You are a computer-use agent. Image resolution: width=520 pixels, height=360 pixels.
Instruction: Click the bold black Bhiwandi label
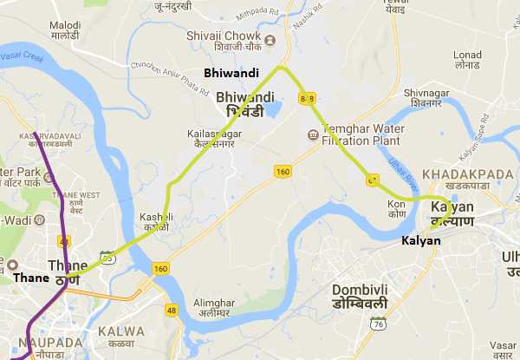click(x=230, y=74)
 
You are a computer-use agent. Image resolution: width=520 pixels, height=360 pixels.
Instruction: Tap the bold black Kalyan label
click(x=421, y=239)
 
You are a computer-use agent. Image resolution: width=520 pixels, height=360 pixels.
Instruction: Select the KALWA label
click(x=122, y=331)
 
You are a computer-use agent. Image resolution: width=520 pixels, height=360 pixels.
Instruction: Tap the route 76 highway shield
click(x=376, y=323)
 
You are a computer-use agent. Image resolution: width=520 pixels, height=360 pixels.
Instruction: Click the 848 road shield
click(x=305, y=98)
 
